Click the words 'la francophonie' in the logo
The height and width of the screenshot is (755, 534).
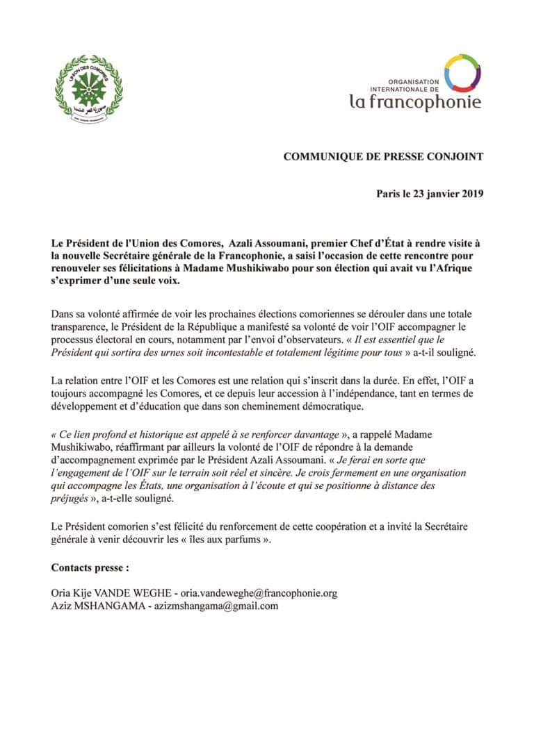pos(415,102)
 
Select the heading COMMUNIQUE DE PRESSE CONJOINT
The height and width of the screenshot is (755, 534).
pos(383,157)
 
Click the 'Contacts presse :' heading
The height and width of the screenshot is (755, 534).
pos(90,567)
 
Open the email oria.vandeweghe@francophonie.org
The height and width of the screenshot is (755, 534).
pos(259,593)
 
